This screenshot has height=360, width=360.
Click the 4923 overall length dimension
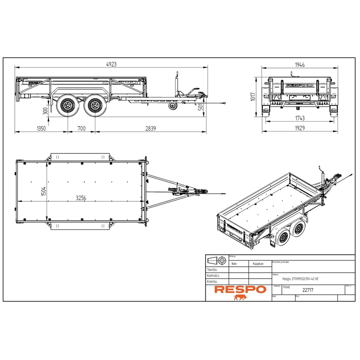111,64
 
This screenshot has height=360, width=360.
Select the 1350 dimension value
41,129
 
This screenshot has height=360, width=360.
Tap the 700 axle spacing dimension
81,129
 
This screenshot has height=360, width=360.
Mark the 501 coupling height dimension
201,107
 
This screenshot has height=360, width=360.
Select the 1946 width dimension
300,64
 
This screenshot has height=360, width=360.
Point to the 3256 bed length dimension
82,197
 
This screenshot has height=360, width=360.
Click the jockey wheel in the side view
172,106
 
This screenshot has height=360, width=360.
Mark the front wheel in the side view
94,106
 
